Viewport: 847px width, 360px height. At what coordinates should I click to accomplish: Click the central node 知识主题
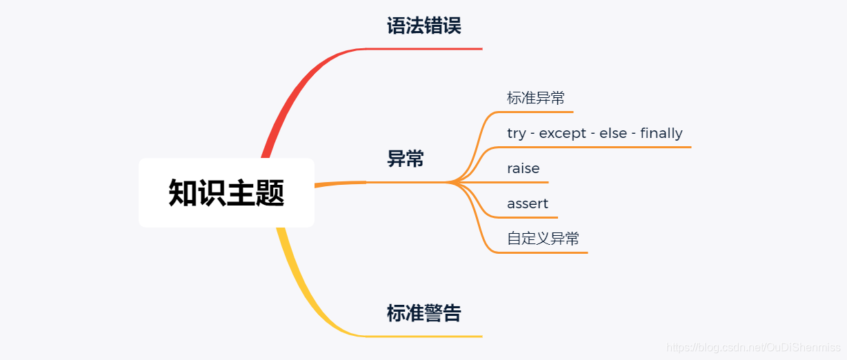point(226,192)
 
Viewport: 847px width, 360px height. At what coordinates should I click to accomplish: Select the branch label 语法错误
point(423,26)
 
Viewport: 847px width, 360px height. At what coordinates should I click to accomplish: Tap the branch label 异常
point(406,159)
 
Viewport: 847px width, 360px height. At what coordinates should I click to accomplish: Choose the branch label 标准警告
point(423,313)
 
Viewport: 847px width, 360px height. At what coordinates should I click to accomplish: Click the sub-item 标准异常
point(535,98)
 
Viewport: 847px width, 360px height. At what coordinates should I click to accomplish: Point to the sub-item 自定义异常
point(543,239)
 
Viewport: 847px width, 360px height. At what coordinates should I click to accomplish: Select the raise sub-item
point(523,168)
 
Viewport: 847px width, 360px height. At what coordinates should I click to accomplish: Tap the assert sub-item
point(528,203)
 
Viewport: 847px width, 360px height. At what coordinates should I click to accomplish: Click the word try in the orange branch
point(516,133)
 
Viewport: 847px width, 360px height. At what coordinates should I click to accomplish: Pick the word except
point(561,133)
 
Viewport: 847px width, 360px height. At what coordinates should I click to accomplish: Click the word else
point(613,133)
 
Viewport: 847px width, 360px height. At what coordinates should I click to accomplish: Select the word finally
point(661,133)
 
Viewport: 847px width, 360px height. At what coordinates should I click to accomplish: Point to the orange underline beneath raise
point(524,182)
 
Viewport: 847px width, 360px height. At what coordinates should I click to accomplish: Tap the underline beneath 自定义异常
point(545,252)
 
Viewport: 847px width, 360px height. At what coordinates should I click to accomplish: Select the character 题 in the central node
point(270,193)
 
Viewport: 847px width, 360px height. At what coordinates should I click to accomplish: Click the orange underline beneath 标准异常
point(538,112)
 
